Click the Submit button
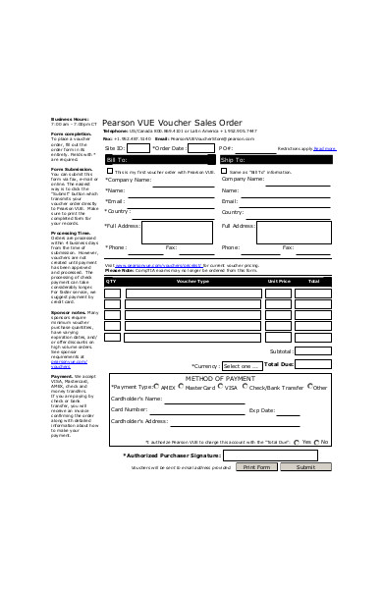pos(306,467)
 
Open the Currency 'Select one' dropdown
pos(242,365)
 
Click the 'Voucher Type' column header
pos(192,281)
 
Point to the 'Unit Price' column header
pos(279,281)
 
